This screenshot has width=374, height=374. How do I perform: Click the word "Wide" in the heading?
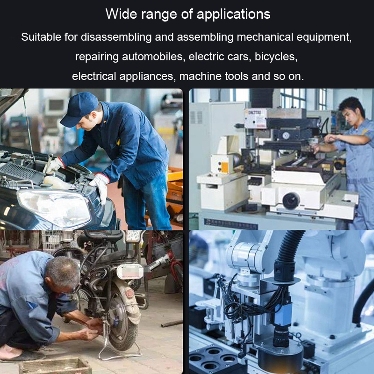(121, 14)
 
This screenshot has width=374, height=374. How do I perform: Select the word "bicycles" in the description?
(276, 57)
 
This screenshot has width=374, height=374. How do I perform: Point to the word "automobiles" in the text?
(154, 57)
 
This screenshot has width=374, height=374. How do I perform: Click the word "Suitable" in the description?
(41, 37)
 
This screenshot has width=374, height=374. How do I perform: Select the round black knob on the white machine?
(291, 201)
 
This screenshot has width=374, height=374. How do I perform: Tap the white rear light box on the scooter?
(130, 272)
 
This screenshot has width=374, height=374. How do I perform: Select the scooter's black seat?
(103, 236)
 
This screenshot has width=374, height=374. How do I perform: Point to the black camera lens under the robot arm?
(281, 336)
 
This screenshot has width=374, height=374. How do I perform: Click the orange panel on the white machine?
(225, 167)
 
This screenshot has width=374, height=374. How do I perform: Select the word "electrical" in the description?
(94, 76)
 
